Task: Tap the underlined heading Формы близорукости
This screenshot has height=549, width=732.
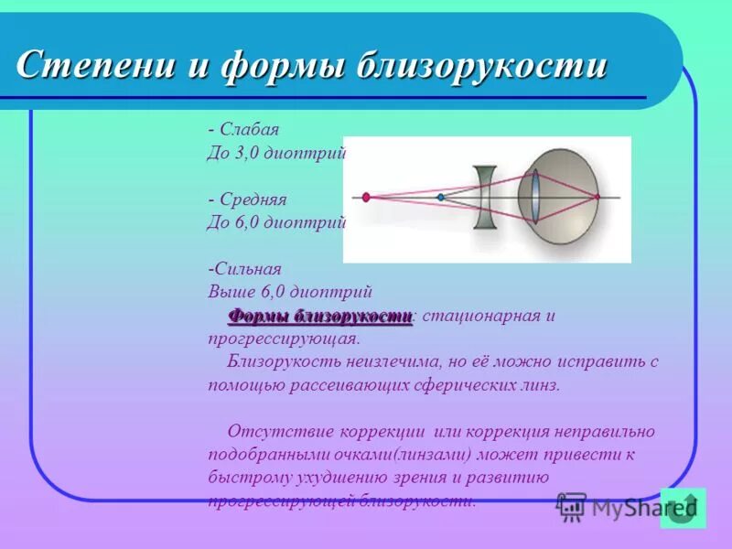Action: point(320,317)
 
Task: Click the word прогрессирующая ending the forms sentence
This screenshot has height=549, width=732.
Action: point(283,339)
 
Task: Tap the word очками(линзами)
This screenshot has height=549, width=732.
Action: point(397,455)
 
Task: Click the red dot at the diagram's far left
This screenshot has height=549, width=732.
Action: point(366,197)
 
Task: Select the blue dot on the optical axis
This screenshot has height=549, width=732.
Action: point(440,197)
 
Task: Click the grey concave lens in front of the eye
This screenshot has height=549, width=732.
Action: point(485,197)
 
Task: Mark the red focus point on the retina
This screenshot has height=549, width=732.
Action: point(597,197)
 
